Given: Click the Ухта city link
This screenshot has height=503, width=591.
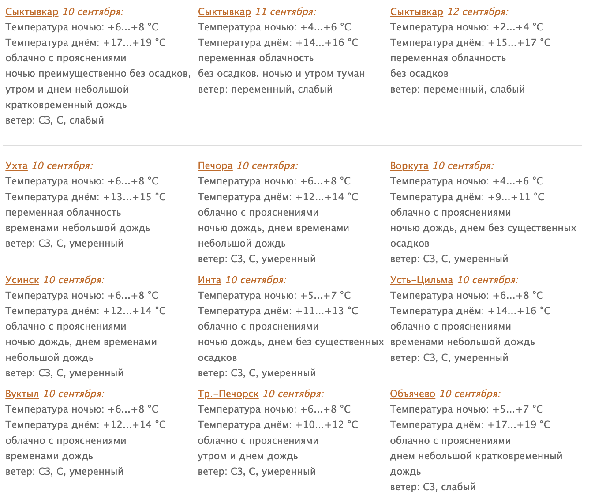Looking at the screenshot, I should [16, 166].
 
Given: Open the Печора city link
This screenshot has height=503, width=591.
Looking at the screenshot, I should [215, 166].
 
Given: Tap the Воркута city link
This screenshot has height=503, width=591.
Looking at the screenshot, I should [409, 166].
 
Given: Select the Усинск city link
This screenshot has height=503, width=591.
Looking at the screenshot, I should [22, 280].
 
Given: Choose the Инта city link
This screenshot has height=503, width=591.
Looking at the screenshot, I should [209, 280].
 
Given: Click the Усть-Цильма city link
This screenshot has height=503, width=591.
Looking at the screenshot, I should [421, 280].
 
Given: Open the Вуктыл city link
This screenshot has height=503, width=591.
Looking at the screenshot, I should [22, 394].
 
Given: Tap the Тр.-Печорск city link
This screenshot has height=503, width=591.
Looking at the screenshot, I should [228, 394].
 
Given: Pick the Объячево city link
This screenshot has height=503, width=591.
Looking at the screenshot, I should [412, 394].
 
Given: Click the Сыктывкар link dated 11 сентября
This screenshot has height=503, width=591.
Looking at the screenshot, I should [224, 12].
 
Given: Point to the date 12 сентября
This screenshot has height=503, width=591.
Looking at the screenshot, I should [478, 12].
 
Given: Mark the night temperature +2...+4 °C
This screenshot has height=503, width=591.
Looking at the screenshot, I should [518, 27].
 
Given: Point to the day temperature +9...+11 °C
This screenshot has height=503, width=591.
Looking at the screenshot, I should [516, 197].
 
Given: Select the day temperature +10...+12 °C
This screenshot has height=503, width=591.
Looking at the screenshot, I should [326, 425].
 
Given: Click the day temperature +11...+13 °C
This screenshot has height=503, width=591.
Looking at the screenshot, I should [326, 311].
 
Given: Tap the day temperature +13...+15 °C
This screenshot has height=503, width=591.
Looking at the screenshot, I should [134, 197].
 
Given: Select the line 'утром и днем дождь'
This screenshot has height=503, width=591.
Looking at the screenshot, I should [248, 456].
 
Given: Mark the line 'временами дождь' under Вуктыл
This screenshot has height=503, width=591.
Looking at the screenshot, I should [49, 456].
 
